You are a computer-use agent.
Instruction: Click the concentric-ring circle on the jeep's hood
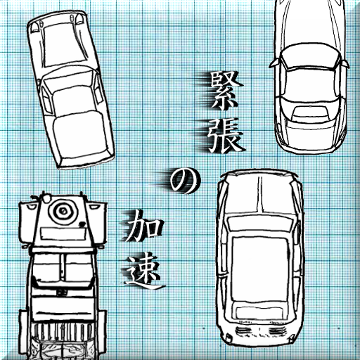(x=63, y=211)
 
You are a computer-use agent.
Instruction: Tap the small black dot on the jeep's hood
(x=82, y=224)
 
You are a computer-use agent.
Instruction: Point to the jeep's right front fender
(x=96, y=223)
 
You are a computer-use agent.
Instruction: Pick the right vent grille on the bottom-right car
(x=278, y=330)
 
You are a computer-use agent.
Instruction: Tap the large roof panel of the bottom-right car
(x=259, y=269)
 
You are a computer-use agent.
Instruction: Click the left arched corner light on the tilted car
(x=35, y=26)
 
